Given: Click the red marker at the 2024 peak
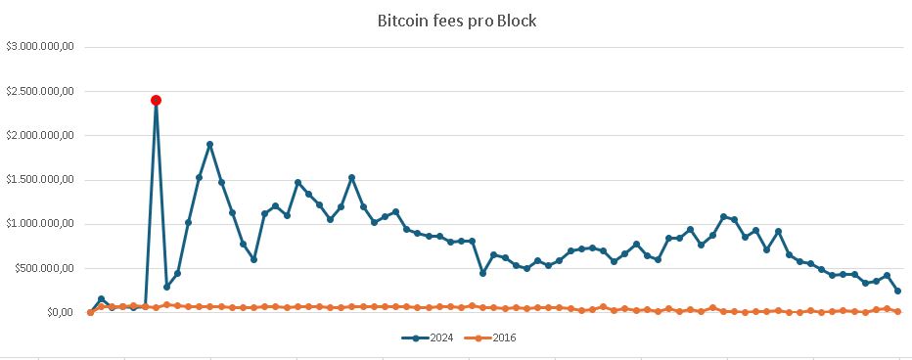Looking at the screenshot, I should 156,100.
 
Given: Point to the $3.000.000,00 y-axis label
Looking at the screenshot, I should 46,47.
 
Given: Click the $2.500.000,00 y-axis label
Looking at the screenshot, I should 46,91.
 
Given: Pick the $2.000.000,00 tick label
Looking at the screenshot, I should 46,135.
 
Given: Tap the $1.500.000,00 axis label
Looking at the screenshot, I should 46,180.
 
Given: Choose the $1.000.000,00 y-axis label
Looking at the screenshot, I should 46,224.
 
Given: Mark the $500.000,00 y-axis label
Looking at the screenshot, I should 51,268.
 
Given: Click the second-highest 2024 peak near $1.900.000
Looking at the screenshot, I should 210,145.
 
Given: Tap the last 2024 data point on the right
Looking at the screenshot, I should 898,291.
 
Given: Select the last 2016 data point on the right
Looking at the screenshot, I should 898,311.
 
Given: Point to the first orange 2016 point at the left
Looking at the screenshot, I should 90,312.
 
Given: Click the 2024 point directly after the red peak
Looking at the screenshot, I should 166,287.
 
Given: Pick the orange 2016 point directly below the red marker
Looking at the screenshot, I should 156,307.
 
